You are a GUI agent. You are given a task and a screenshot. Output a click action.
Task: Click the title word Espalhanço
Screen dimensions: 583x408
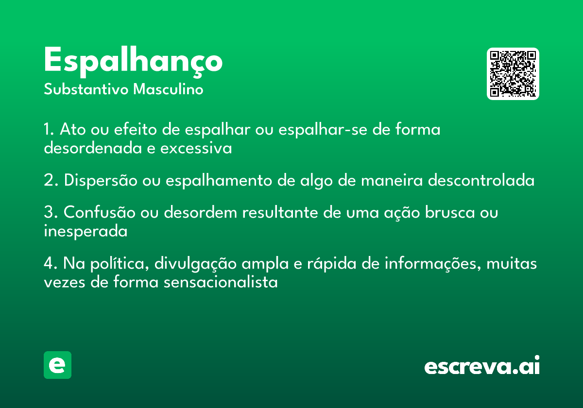tap(133, 62)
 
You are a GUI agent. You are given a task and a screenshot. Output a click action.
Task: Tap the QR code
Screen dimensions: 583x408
tap(513, 74)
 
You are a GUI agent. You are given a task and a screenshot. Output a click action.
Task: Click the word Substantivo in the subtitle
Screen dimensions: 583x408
tap(86, 89)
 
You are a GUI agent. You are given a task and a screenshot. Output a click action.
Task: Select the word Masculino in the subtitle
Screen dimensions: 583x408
tap(168, 89)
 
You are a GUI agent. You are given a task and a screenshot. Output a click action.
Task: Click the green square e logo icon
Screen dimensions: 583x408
tap(57, 365)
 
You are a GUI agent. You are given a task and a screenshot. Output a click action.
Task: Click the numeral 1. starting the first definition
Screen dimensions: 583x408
tap(49, 129)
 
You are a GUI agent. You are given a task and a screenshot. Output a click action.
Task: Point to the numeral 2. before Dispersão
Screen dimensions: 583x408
tap(51, 180)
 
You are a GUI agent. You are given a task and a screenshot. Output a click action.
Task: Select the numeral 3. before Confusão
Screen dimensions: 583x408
tap(51, 212)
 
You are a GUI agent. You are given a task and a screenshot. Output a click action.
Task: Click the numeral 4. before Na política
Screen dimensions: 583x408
tap(51, 263)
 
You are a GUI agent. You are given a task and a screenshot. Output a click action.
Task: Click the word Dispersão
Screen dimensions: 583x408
tap(101, 181)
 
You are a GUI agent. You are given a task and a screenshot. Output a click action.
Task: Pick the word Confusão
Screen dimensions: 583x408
tap(100, 212)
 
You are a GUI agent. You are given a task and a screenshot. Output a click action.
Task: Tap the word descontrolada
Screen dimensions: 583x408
tap(481, 180)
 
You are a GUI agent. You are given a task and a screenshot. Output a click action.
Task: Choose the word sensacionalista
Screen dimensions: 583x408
tap(221, 282)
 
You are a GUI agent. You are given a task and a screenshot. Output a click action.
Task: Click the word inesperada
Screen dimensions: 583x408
tap(86, 231)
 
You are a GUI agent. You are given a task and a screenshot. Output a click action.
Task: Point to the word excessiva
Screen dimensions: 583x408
tap(196, 148)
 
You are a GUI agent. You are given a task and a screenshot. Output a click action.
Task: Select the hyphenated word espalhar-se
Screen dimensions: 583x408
tap(323, 130)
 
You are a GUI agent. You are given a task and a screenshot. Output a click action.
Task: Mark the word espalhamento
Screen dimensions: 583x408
tap(219, 181)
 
